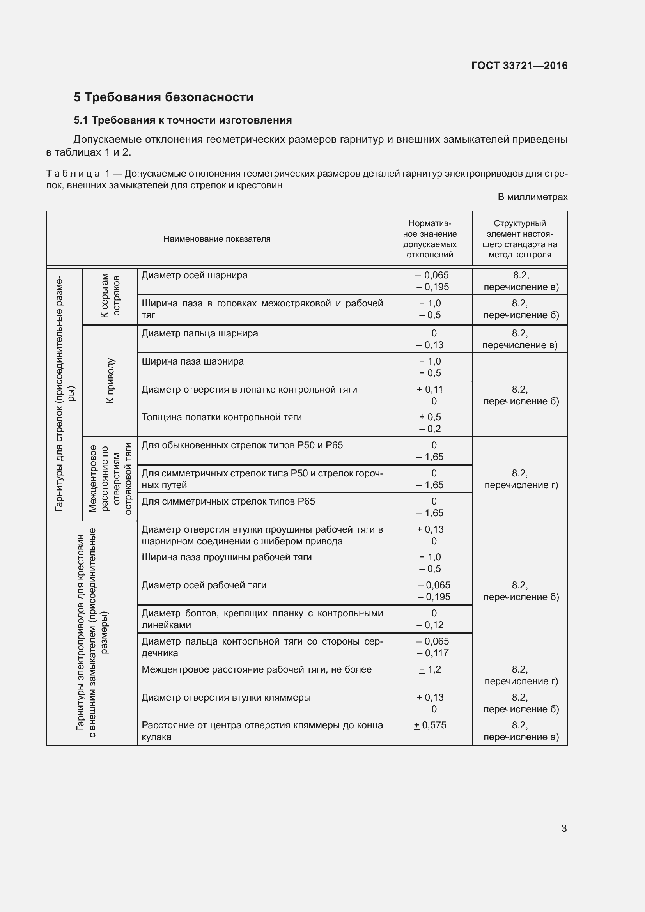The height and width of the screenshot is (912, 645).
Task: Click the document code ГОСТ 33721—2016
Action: click(x=519, y=66)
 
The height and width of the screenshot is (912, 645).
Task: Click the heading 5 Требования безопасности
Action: click(x=163, y=97)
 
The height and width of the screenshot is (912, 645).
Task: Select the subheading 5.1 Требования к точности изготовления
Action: click(x=183, y=120)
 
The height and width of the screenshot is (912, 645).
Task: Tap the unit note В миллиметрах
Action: click(x=532, y=197)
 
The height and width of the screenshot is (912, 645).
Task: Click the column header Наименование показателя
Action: click(x=217, y=239)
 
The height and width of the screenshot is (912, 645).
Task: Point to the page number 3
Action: click(x=564, y=828)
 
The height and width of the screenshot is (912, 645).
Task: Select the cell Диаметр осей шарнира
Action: click(x=194, y=275)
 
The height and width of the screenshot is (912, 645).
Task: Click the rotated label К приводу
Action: click(x=110, y=381)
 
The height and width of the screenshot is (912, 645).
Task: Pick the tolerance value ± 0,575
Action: click(x=430, y=725)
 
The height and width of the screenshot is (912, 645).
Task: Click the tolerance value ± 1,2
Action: click(x=430, y=669)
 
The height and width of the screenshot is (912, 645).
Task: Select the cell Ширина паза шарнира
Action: click(x=193, y=361)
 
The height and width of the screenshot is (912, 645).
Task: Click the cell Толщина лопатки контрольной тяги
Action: click(x=221, y=417)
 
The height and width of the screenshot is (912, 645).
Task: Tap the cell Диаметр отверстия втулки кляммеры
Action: click(x=226, y=698)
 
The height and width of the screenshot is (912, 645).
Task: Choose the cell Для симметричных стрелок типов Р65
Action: click(x=228, y=501)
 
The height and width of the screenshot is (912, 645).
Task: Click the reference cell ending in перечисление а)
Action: click(x=520, y=731)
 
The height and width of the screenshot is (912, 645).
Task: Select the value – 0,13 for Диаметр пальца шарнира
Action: click(x=432, y=345)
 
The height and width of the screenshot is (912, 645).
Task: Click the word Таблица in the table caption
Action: click(x=73, y=174)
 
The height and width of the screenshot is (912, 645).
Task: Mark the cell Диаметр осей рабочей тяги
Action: click(x=204, y=585)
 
